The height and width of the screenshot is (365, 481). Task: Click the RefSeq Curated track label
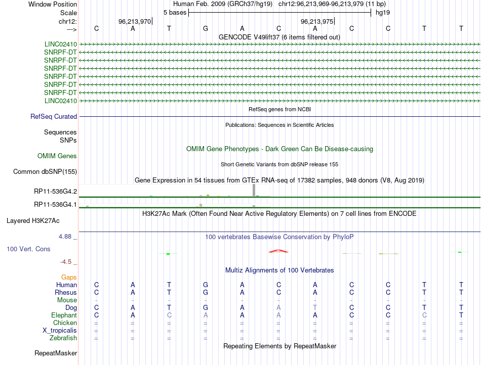click(54, 116)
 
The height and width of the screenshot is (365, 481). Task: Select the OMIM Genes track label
click(57, 156)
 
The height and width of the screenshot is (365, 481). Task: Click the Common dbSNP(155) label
click(45, 172)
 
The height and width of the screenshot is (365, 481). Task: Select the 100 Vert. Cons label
click(28, 249)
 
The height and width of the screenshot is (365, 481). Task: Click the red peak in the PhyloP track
click(278, 250)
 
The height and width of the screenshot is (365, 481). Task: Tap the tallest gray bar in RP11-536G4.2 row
click(254, 190)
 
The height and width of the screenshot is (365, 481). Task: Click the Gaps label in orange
click(69, 278)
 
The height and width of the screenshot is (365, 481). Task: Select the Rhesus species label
click(66, 292)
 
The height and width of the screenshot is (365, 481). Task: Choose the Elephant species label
click(63, 315)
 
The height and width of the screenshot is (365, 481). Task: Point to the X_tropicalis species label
click(60, 330)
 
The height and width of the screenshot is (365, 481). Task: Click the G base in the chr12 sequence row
click(206, 28)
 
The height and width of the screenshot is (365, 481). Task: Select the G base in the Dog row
click(206, 307)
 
